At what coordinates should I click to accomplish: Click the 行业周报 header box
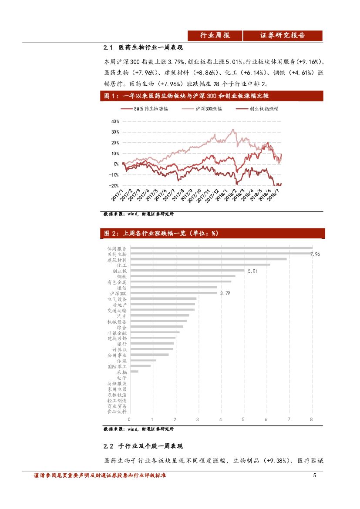[x=215, y=36]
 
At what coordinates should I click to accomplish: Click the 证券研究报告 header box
[x=283, y=36]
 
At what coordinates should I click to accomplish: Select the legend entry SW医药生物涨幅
[x=148, y=109]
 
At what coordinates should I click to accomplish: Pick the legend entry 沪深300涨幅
[x=209, y=109]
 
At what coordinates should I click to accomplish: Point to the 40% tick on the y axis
[x=115, y=121]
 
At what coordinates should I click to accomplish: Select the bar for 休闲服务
[x=221, y=248]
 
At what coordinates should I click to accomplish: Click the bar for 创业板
[x=187, y=271]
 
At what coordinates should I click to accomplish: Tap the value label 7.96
[x=315, y=254]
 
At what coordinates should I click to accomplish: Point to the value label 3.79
[x=225, y=294]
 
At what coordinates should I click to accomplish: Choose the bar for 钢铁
[x=183, y=276]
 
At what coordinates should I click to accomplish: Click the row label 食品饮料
[x=117, y=411]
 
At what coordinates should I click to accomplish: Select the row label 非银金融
[x=117, y=332]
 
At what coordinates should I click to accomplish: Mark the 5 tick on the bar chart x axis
[x=243, y=419]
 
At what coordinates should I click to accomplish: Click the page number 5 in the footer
[x=314, y=476]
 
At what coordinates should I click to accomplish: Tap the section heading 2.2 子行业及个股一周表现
[x=143, y=446]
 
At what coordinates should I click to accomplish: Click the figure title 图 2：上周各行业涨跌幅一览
[x=161, y=234]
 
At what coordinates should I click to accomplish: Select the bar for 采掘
[x=134, y=372]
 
